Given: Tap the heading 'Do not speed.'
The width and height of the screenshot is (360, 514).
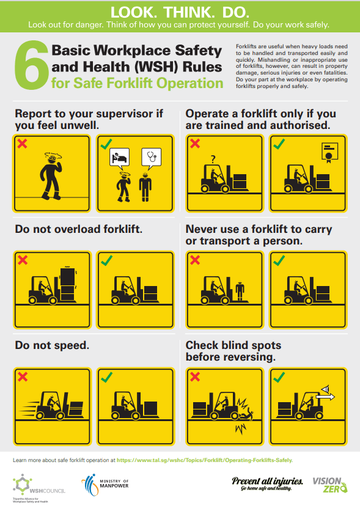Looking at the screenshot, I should tap(52, 345).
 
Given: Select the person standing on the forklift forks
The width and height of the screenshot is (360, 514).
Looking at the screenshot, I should tap(240, 288).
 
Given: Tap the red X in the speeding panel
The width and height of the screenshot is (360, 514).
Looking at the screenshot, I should tap(23, 376).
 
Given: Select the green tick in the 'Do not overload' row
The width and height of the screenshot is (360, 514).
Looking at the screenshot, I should tap(107, 261).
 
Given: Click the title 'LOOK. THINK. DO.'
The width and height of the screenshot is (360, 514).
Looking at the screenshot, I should tap(180, 12).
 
